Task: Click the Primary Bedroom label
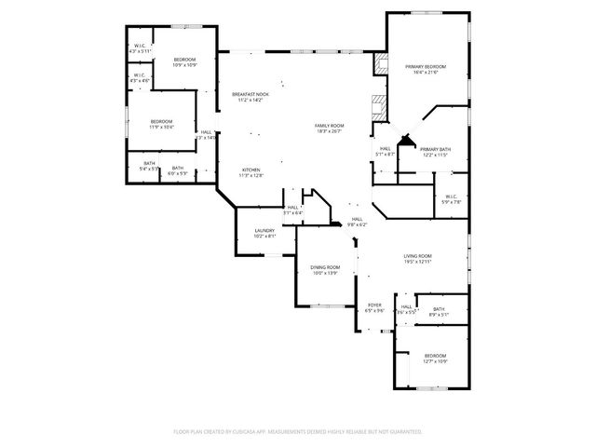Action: [x=426, y=68]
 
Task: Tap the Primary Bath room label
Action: [x=435, y=151]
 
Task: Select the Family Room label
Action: [x=329, y=127]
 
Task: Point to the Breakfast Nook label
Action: [x=251, y=96]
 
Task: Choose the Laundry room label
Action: [x=264, y=232]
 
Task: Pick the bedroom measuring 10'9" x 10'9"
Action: [x=184, y=61]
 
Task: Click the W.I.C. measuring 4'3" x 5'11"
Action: [x=140, y=47]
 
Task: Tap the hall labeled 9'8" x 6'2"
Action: [x=357, y=221]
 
